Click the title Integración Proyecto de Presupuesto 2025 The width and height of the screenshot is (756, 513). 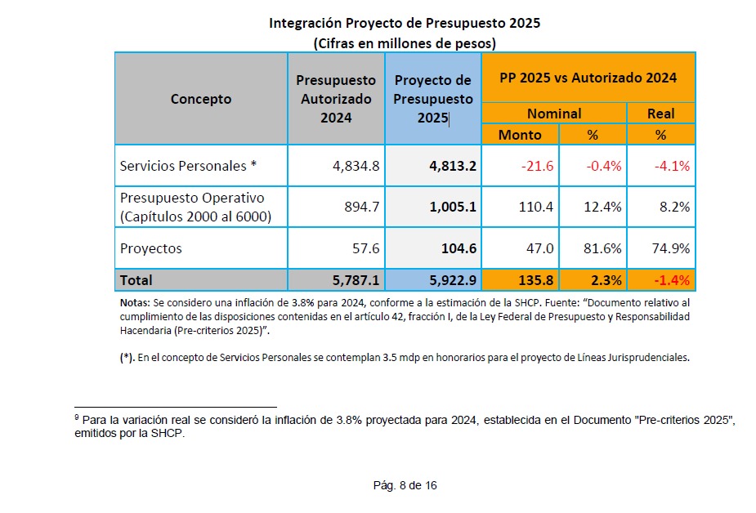point(405,23)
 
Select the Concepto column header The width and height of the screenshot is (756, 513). point(201,99)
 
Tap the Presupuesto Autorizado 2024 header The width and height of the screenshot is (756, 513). point(336,99)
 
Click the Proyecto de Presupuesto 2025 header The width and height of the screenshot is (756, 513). point(433,99)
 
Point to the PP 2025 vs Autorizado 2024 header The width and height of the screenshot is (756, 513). point(588,78)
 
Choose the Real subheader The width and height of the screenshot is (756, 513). point(660,114)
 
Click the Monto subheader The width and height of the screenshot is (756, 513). point(520,134)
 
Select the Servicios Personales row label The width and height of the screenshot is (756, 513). point(189,166)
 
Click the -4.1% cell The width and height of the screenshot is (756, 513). point(673,166)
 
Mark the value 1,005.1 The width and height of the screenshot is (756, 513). point(453,207)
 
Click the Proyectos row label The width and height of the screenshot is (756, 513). point(151,248)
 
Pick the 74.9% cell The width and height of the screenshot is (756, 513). point(673,248)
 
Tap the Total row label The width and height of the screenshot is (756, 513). point(136,280)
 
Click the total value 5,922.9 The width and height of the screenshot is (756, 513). point(453,280)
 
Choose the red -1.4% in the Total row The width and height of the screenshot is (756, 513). point(673,280)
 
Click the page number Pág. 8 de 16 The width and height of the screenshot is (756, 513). point(405,485)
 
